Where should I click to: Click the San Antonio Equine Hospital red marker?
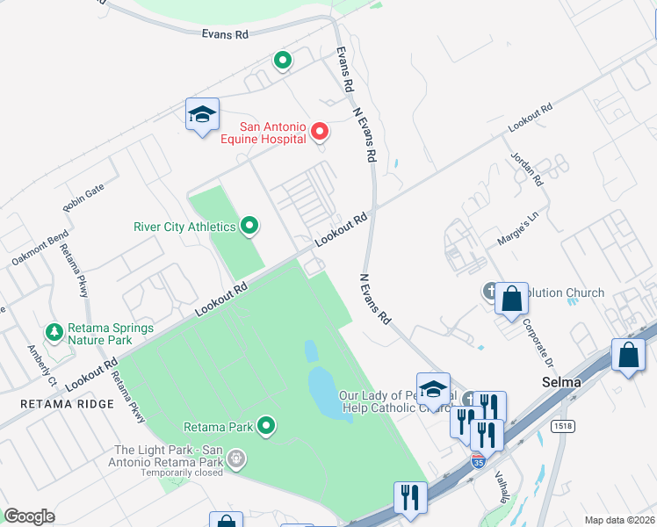point(321,132)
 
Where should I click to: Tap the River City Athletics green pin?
point(249,227)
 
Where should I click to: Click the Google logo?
point(29,516)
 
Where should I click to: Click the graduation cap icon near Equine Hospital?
point(202,115)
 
